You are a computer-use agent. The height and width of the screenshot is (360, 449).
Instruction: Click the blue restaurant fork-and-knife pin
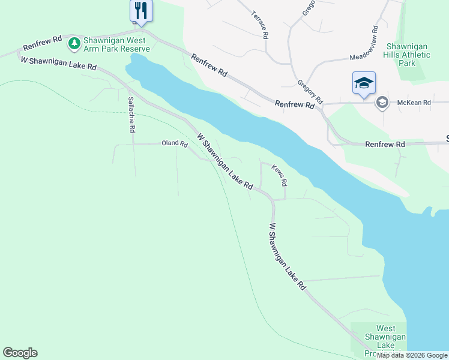click(x=141, y=11)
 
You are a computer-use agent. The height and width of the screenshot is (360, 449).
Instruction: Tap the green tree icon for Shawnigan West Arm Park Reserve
click(x=74, y=43)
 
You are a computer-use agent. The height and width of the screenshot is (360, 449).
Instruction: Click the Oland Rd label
click(x=175, y=144)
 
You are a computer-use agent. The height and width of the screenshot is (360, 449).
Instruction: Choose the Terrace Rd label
click(x=259, y=25)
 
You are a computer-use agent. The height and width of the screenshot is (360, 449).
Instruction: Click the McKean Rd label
click(x=414, y=103)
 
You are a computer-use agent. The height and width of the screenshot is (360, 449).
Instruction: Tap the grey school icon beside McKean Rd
click(x=381, y=103)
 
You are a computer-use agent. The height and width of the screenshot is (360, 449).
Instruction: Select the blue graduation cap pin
click(x=364, y=83)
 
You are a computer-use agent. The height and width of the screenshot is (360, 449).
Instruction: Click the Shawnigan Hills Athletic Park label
click(x=407, y=55)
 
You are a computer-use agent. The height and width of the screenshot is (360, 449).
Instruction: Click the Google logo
click(x=20, y=353)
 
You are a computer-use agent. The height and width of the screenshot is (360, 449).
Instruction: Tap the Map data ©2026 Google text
click(x=412, y=355)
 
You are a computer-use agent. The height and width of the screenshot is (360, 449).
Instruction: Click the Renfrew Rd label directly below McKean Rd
click(x=385, y=145)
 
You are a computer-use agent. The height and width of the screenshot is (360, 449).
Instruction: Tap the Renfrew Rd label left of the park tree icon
click(x=42, y=43)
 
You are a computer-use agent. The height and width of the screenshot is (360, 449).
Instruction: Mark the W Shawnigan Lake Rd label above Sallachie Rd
click(x=59, y=64)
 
